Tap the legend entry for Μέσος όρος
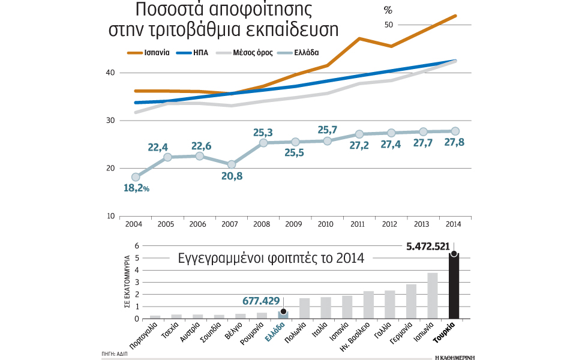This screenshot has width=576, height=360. coord(244,53)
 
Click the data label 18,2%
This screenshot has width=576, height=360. coord(136,188)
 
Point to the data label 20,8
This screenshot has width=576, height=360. coord(232,176)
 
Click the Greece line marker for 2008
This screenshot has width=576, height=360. coord(263,143)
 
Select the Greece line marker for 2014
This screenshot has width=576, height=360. coord(455,131)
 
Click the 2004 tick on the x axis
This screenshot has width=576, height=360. coord(133,224)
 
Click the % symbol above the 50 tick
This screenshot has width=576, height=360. coord(388,10)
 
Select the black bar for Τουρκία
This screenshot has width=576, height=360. coord(454,286)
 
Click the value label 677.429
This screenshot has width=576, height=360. coord(262,301)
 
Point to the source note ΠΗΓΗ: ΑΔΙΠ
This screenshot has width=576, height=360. coord(115,355)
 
